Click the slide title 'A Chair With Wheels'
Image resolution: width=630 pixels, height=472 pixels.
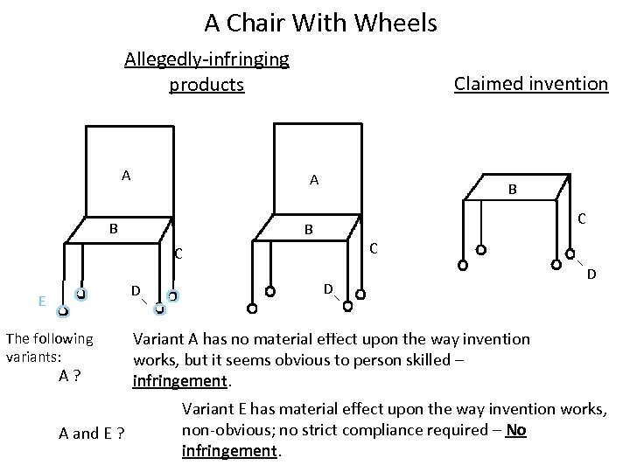click(320, 23)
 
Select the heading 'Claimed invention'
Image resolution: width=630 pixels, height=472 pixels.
click(530, 84)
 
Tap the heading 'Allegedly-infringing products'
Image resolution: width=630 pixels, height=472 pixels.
click(207, 72)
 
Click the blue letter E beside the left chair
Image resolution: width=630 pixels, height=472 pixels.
click(42, 301)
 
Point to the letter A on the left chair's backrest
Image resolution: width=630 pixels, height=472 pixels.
click(126, 175)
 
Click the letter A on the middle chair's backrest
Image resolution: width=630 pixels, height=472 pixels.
click(313, 180)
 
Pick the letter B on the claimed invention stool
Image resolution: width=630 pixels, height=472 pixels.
click(514, 189)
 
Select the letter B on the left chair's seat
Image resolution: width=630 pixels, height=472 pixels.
click(113, 229)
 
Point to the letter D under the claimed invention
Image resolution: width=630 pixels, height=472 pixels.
click(591, 274)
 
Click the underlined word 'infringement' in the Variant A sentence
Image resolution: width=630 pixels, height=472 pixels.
click(178, 381)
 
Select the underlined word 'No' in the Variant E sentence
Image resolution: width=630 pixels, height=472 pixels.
click(516, 430)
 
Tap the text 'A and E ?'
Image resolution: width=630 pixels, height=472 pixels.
click(90, 434)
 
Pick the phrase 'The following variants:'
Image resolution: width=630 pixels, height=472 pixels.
click(49, 347)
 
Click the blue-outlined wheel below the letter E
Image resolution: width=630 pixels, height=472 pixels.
click(63, 311)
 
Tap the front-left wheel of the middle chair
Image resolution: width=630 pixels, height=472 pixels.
click(252, 308)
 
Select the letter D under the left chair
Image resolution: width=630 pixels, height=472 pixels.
click(136, 289)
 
